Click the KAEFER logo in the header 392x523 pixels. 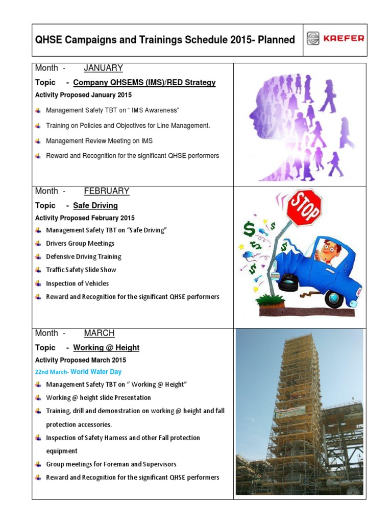tap(335, 39)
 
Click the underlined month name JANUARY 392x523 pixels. tap(103, 68)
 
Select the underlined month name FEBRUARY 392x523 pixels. tap(106, 191)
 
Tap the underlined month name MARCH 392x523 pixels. tap(99, 333)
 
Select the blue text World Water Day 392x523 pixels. tap(96, 372)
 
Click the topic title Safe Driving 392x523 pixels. tap(95, 205)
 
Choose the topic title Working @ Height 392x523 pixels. tap(106, 347)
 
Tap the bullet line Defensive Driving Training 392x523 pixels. tap(84, 257)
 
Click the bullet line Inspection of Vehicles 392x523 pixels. tap(77, 283)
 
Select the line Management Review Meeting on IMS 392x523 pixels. tap(99, 141)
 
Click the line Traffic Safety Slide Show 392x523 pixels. tap(81, 270)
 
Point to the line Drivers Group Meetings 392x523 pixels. tap(80, 244)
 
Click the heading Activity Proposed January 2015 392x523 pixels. tap(83, 95)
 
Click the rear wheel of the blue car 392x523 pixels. tap(334, 298)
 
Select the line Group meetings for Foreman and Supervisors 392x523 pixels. tap(111, 464)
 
